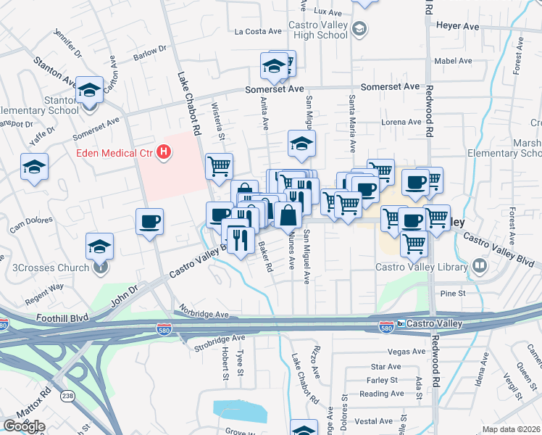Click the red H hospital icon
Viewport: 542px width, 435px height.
click(164, 152)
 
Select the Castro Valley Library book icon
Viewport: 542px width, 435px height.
click(479, 267)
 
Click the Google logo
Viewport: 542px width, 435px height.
click(24, 426)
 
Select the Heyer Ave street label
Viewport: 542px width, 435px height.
click(457, 25)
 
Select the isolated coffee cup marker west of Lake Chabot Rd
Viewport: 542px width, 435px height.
click(150, 222)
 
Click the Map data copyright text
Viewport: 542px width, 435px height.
click(510, 428)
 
